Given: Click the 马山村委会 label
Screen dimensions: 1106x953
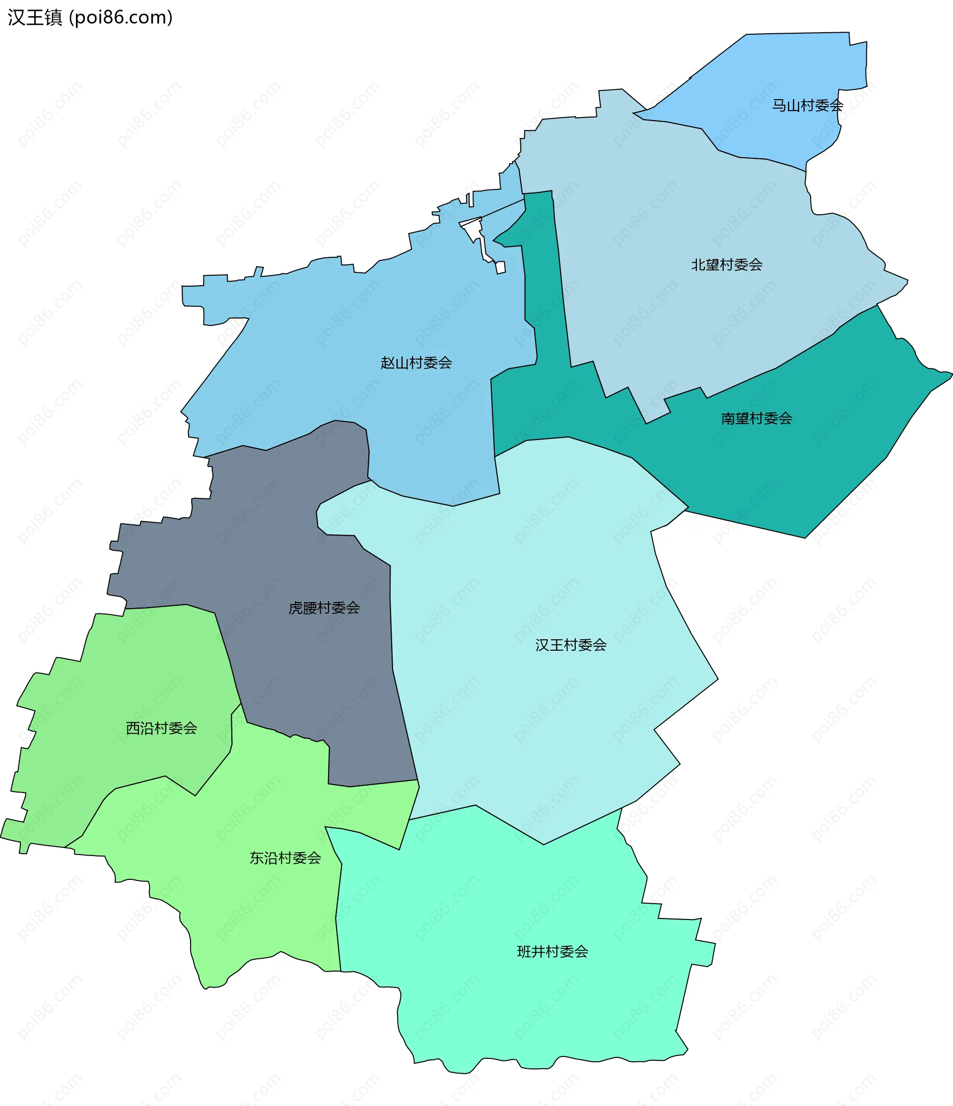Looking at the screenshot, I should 807,106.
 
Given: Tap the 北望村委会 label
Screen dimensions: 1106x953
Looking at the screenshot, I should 727,265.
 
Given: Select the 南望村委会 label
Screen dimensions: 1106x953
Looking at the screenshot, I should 756,419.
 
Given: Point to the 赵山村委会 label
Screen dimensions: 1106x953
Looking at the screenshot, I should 416,363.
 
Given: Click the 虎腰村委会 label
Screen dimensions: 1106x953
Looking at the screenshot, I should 324,608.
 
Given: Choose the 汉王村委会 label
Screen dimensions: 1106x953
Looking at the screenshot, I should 570,645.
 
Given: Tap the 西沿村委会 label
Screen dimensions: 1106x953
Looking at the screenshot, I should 161,728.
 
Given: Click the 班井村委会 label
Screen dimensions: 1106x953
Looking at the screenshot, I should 552,952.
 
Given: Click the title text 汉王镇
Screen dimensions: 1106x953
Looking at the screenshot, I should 35,18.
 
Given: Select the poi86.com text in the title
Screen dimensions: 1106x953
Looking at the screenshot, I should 122,18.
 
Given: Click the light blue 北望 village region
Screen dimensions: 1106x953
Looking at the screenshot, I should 668,214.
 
